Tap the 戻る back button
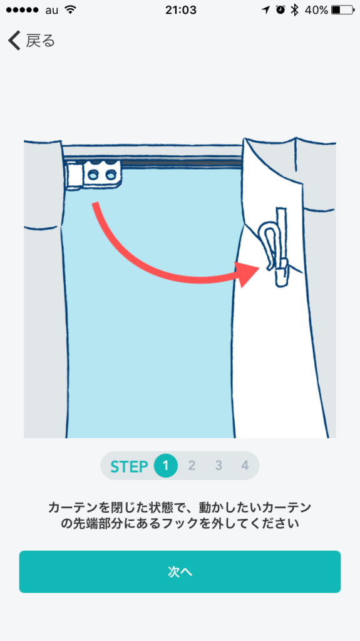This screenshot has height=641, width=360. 31,41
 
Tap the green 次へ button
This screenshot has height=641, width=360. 180,572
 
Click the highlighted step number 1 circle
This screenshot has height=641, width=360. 166,466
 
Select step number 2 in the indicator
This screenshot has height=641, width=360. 192,466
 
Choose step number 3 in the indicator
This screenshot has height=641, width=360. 219,466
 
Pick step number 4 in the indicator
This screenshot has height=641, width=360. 245,466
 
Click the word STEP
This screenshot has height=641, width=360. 129,466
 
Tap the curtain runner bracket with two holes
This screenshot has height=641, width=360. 101,175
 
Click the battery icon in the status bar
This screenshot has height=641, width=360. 343,10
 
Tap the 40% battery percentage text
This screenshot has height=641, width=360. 316,10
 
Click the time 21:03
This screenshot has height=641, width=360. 181,10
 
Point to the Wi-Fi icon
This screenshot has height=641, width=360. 71,10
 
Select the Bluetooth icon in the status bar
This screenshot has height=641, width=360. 294,10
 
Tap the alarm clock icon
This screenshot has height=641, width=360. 280,10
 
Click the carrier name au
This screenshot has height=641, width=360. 52,11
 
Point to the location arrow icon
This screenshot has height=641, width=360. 266,10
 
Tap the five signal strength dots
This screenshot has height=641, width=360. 23,10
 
